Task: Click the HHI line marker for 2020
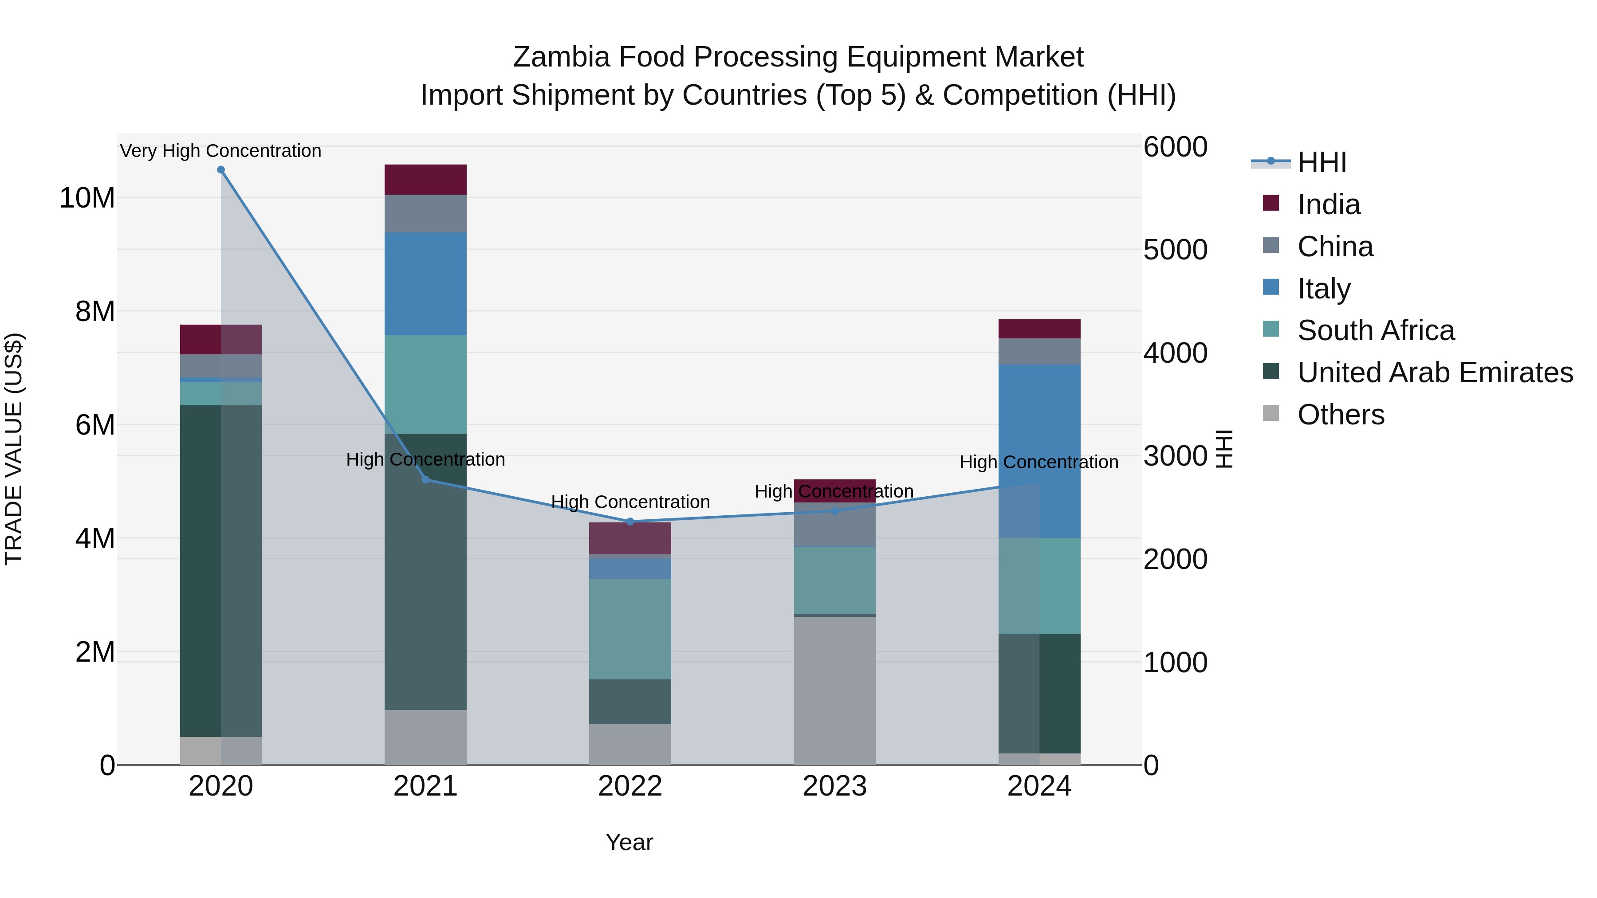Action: click(221, 170)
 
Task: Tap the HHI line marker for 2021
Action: click(425, 479)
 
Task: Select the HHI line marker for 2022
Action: click(630, 521)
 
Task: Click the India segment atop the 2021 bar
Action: click(425, 180)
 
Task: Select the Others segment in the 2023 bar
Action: click(834, 690)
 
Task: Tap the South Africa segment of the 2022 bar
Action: click(630, 629)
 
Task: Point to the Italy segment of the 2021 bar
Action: click(425, 284)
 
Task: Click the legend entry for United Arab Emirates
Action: click(1435, 373)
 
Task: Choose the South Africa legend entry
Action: click(1375, 330)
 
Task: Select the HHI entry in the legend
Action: click(1321, 162)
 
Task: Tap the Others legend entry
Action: click(1340, 415)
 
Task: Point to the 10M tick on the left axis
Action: click(87, 198)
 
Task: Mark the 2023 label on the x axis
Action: click(834, 786)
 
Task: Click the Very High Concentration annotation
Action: click(221, 151)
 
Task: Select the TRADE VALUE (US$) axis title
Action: click(14, 449)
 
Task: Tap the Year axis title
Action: click(629, 842)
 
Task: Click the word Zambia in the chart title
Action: click(561, 57)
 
